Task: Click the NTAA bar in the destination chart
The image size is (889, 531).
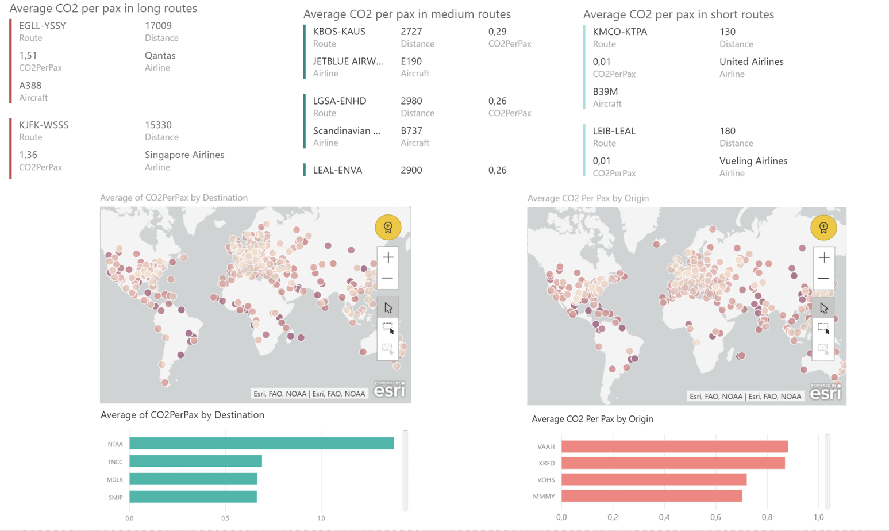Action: [261, 443]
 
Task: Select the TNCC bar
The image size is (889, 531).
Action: [195, 461]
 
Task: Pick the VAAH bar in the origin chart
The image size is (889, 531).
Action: [674, 447]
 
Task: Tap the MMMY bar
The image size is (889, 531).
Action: [651, 495]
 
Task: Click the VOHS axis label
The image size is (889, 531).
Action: [546, 479]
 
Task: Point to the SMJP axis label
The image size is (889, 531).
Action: [116, 497]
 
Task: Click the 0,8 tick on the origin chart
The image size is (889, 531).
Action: [767, 517]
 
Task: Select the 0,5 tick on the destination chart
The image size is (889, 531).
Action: [225, 518]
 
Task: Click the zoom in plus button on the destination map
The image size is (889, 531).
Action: [388, 257]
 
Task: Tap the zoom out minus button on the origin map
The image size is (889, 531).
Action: [823, 279]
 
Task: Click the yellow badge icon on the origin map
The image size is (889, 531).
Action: [823, 228]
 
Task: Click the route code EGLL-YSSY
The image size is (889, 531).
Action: [43, 26]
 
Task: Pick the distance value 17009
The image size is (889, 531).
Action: [158, 26]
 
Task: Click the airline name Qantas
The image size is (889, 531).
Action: [160, 56]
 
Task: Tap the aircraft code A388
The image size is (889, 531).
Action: [30, 86]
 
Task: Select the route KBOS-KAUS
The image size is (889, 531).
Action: [339, 32]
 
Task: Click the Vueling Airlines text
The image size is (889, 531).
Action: [753, 161]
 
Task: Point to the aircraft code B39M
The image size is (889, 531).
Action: [605, 91]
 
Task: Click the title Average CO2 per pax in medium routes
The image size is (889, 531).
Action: [407, 14]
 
